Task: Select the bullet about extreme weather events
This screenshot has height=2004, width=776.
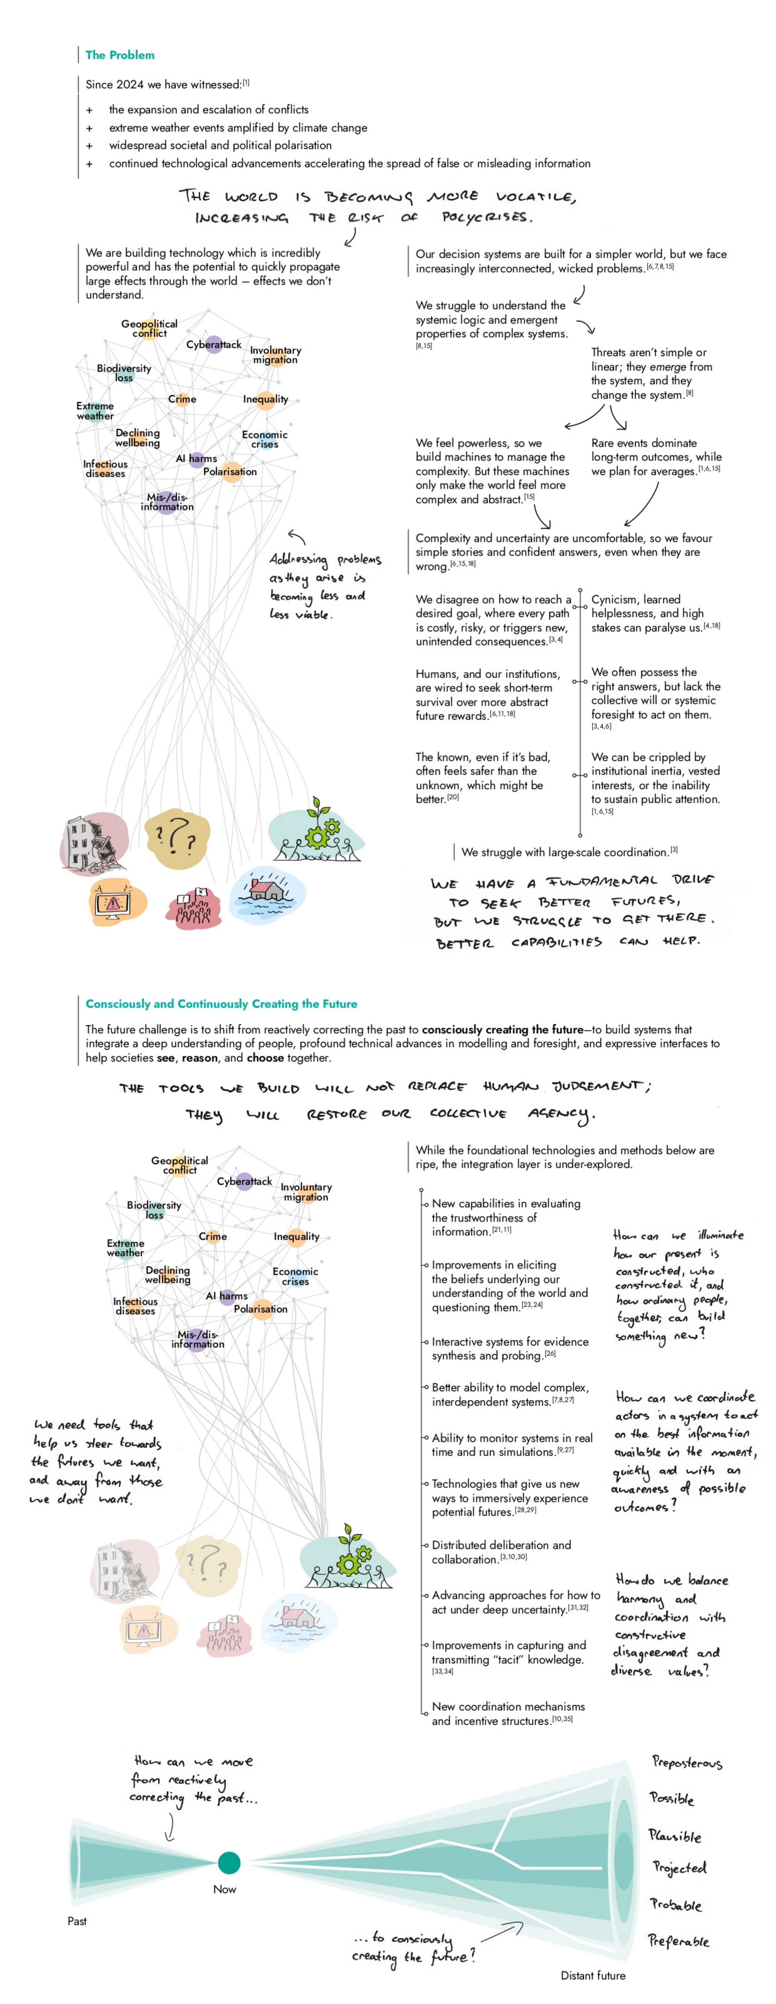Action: click(x=237, y=127)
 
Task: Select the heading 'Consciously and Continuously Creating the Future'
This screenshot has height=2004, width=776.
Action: click(x=221, y=1004)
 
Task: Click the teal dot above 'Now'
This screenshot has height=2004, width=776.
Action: click(x=229, y=1862)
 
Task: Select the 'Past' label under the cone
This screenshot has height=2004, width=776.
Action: click(x=77, y=1921)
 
